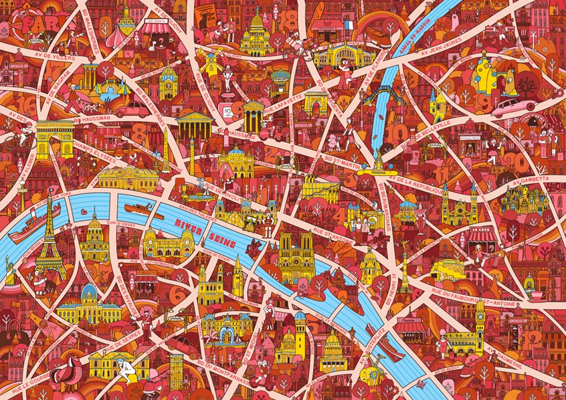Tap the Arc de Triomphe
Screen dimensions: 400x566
tap(54, 138)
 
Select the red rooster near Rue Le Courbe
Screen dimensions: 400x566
tap(68, 372)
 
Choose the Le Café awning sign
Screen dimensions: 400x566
tap(480, 235)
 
